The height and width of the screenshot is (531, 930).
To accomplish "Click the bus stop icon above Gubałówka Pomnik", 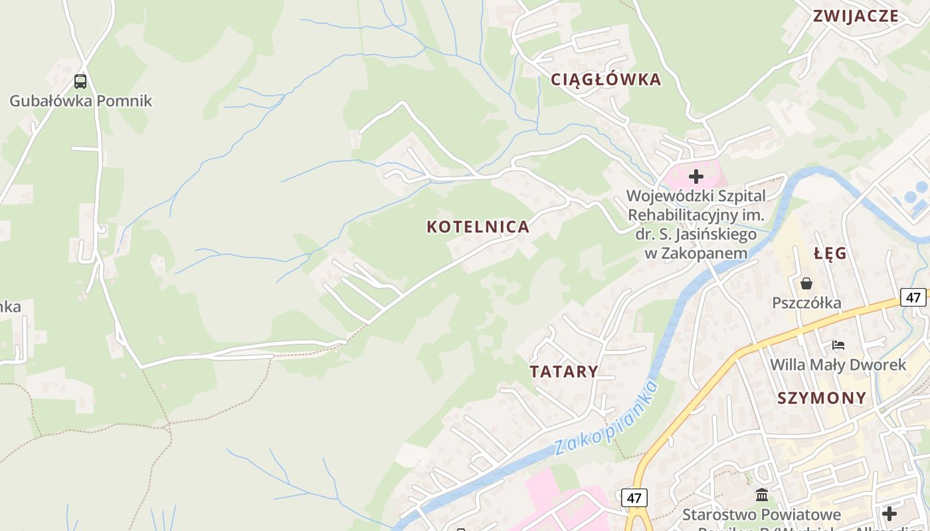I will (80, 82).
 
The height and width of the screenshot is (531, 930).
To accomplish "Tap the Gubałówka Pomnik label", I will (80, 101).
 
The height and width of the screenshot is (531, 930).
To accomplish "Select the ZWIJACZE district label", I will (856, 17).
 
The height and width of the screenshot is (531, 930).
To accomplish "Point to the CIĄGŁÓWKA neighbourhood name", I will (606, 80).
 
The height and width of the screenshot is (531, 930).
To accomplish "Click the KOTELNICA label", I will (478, 227).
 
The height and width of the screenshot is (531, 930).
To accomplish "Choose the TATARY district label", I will (564, 371).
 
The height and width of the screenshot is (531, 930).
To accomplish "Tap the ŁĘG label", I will (830, 254).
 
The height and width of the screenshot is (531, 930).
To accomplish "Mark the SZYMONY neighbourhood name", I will (822, 398).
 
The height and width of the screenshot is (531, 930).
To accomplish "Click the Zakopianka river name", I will (604, 419).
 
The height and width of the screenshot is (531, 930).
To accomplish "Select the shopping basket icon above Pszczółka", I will (806, 283).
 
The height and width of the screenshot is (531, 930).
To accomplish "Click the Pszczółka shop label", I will (806, 303).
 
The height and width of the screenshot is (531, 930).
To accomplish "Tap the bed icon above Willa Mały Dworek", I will (838, 345).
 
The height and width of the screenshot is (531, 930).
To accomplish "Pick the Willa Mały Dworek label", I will (838, 365).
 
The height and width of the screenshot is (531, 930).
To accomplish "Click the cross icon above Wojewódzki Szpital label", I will (696, 177).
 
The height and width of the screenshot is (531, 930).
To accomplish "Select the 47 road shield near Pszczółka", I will (913, 297).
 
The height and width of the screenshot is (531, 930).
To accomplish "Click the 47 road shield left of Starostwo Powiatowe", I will (634, 497).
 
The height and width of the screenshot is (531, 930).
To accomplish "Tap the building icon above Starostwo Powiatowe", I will (762, 495).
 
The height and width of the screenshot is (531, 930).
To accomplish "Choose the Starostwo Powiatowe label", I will (762, 514).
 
